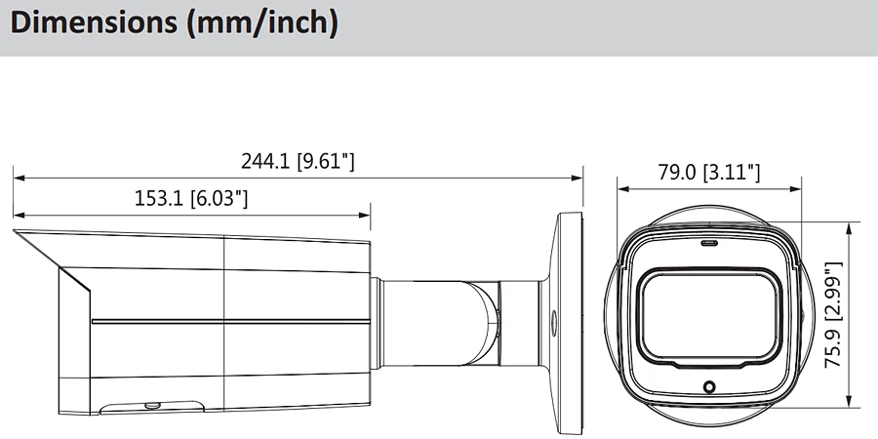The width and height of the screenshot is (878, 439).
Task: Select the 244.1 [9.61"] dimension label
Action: pyautogui.click(x=298, y=161)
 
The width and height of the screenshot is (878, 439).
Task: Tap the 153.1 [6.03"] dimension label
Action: pyautogui.click(x=191, y=198)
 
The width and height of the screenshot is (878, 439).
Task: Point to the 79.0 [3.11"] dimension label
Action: pyautogui.click(x=709, y=172)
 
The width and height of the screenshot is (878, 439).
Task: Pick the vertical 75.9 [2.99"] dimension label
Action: pyautogui.click(x=833, y=315)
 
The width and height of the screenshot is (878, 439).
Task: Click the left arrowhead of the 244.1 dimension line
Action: pyautogui.click(x=20, y=179)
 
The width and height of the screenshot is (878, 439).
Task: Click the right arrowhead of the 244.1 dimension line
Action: pyautogui.click(x=577, y=179)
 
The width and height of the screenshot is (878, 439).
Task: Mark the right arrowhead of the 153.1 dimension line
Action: pyautogui.click(x=364, y=215)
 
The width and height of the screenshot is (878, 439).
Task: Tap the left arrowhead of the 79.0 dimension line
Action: pyautogui.click(x=623, y=189)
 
